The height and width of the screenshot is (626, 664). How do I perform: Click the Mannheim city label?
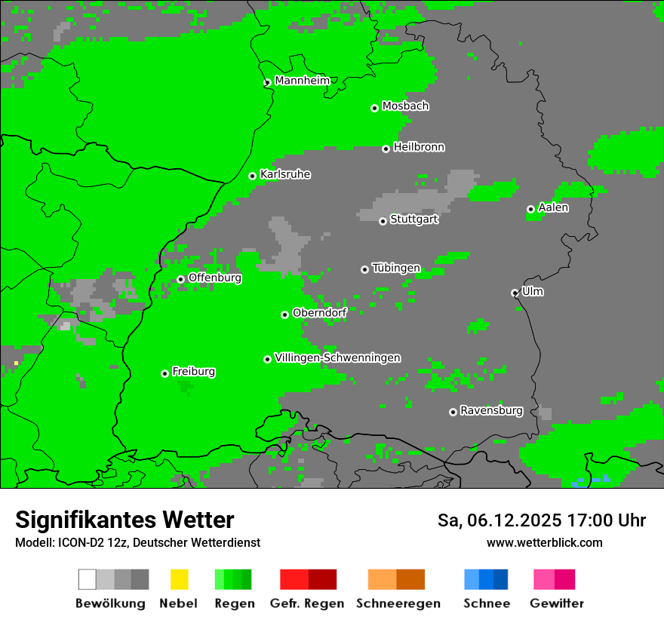(302, 81)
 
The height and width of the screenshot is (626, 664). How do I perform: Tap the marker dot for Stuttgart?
(383, 221)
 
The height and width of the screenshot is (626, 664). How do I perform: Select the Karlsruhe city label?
(285, 174)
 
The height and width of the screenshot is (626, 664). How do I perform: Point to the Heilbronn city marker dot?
(386, 149)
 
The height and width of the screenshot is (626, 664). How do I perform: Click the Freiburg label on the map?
(193, 372)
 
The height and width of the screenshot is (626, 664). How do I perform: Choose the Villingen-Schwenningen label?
(337, 357)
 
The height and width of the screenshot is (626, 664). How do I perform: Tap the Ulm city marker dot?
(515, 293)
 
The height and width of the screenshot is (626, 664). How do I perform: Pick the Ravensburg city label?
(491, 411)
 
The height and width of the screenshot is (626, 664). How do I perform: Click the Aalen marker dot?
(530, 209)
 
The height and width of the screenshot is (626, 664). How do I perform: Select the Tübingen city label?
(396, 268)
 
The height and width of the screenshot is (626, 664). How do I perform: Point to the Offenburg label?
(215, 278)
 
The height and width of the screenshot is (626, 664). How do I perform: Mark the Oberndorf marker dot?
(284, 315)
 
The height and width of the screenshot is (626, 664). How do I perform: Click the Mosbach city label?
(405, 106)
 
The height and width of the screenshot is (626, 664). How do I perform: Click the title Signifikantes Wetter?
(124, 520)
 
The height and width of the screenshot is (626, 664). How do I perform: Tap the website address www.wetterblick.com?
(544, 542)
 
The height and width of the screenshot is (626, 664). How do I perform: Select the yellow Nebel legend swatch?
(179, 579)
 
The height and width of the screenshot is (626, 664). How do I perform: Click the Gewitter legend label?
(557, 603)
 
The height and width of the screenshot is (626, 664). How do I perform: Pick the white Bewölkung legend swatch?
(88, 579)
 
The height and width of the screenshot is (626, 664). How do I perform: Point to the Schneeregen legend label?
(398, 603)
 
